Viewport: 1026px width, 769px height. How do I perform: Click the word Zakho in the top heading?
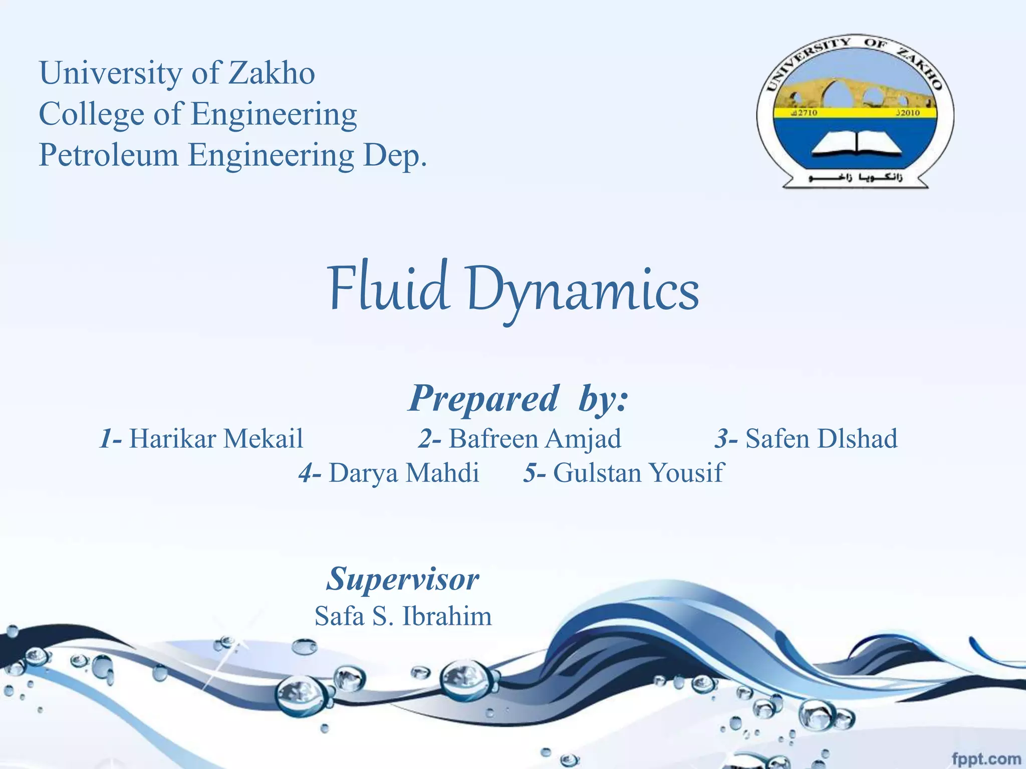tap(272, 73)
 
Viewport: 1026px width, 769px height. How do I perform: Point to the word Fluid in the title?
tap(387, 289)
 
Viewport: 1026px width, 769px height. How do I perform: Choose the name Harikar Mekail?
tap(216, 439)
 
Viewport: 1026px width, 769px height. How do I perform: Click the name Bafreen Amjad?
tap(535, 439)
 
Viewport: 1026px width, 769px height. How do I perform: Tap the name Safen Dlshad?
tap(821, 439)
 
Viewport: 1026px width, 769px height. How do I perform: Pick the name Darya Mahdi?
tap(404, 473)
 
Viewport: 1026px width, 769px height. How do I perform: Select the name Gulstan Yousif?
tap(638, 473)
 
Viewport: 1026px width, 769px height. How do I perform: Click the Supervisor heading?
tap(403, 579)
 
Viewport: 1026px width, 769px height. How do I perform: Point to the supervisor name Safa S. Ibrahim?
tap(403, 616)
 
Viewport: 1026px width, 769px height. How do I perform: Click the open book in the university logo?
tap(856, 143)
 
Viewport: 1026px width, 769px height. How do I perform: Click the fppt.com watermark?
tap(985, 759)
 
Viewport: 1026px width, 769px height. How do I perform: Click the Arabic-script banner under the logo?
tap(855, 178)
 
